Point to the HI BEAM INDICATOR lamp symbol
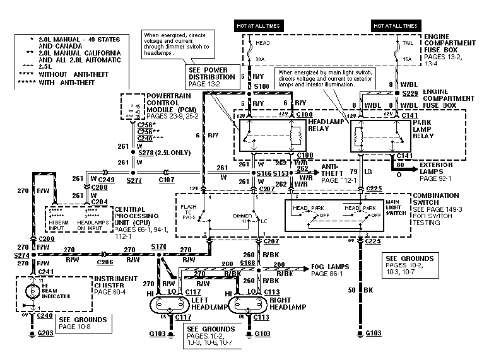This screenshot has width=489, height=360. click(x=29, y=291)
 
